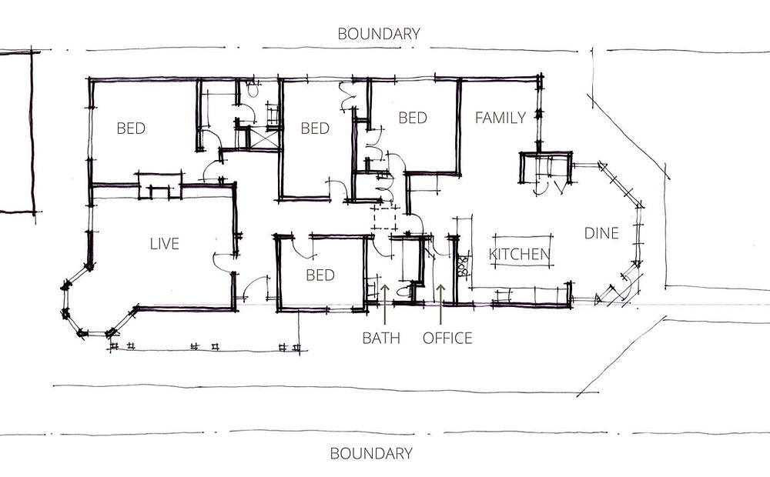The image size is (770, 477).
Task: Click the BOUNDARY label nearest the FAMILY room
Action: pyautogui.click(x=380, y=34)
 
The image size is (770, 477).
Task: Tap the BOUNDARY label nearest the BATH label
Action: pyautogui.click(x=371, y=453)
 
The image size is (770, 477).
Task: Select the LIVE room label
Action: pyautogui.click(x=164, y=244)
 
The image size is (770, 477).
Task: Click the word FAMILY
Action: pyautogui.click(x=500, y=118)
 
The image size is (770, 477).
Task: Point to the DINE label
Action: pyautogui.click(x=601, y=233)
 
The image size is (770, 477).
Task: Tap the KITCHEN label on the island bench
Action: pyautogui.click(x=520, y=254)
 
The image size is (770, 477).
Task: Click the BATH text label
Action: pyautogui.click(x=381, y=338)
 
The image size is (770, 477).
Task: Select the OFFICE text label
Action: pyautogui.click(x=447, y=338)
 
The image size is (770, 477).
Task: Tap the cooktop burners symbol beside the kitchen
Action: pyautogui.click(x=463, y=266)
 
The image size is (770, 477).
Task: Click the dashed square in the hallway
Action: pyautogui.click(x=383, y=218)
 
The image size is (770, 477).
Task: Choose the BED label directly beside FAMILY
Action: pyautogui.click(x=413, y=118)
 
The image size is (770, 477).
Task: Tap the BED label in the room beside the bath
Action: pyautogui.click(x=320, y=275)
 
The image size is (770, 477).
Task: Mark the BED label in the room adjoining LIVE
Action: pyautogui.click(x=131, y=128)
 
